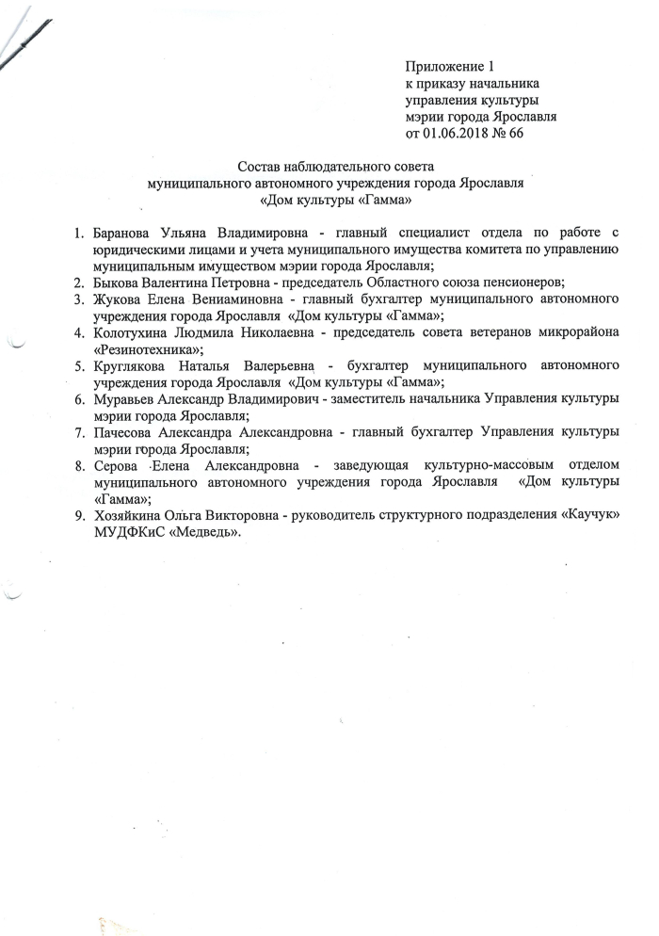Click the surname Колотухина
pos(133,333)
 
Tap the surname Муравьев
pos(126,399)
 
